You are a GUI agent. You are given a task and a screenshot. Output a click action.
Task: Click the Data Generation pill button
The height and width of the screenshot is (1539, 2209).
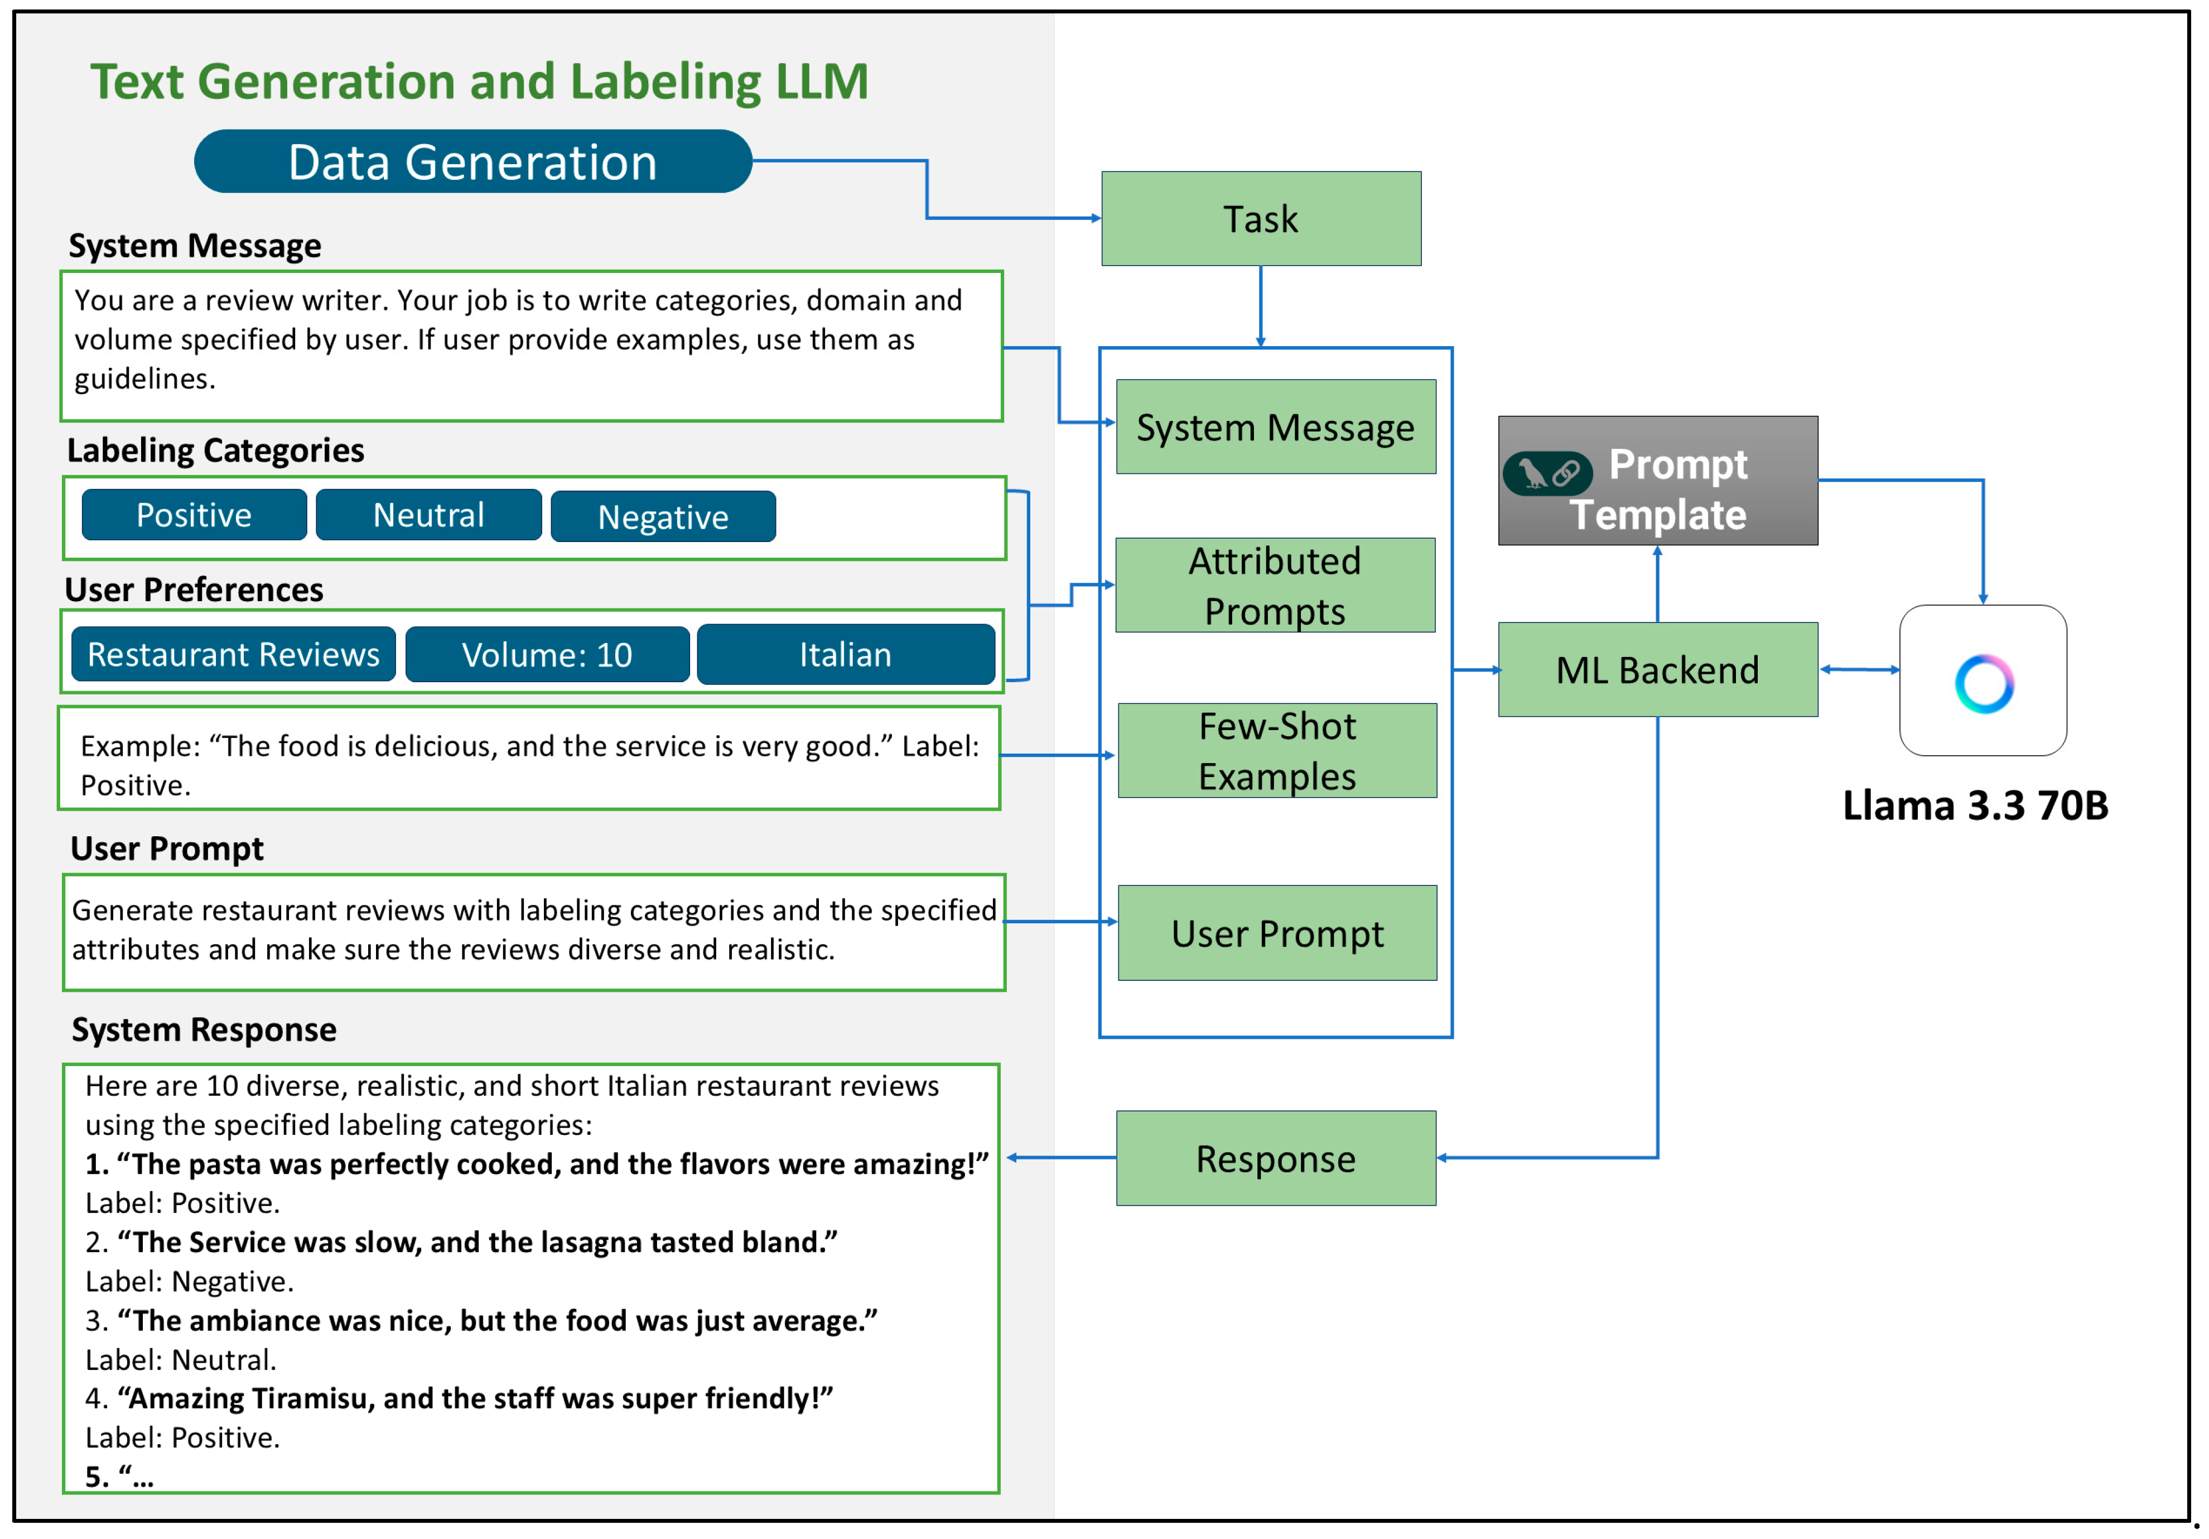click(472, 162)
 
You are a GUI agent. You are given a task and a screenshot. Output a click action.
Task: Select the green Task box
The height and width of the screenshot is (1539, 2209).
click(1260, 218)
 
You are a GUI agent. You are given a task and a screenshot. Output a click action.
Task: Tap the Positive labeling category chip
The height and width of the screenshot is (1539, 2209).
click(194, 515)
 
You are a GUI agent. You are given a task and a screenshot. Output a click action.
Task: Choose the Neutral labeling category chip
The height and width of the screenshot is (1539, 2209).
click(428, 515)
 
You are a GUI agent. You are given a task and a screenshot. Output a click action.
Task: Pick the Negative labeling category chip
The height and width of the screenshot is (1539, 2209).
click(663, 517)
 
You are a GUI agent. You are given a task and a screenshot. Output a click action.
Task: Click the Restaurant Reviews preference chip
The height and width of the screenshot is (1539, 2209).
click(234, 654)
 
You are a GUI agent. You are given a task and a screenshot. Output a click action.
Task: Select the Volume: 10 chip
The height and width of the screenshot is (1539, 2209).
click(547, 654)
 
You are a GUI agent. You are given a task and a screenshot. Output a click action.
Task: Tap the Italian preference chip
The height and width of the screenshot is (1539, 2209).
click(846, 654)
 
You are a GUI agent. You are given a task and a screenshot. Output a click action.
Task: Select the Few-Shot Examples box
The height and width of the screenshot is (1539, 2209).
click(1277, 751)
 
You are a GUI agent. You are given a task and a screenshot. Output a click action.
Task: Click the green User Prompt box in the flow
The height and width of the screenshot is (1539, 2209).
click(1277, 933)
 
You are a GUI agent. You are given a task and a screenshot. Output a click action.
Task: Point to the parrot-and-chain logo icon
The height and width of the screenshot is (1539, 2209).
click(1547, 473)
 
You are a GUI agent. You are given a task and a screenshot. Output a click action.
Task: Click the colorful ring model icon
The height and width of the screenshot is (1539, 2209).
click(1983, 682)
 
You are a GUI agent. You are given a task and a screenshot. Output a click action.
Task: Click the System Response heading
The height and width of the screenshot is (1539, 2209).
click(204, 1030)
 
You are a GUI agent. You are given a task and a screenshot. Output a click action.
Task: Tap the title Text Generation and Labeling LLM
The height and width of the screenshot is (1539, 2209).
click(479, 81)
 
